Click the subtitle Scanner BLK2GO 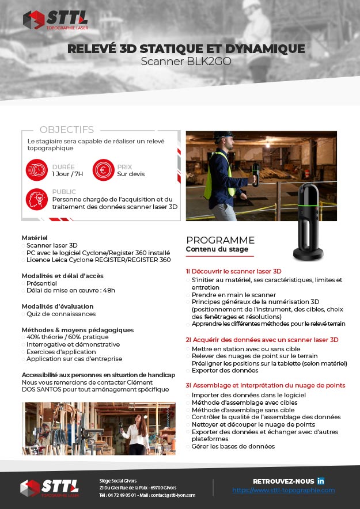pyautogui.click(x=185, y=62)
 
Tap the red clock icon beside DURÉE pyautogui.click(x=37, y=170)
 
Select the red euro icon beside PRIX pyautogui.click(x=103, y=170)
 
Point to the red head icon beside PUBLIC pyautogui.click(x=37, y=199)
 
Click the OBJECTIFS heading pyautogui.click(x=66, y=130)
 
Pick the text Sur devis pyautogui.click(x=131, y=174)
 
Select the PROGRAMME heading pyautogui.click(x=220, y=240)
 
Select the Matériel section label pyautogui.click(x=35, y=237)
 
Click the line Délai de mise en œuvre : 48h pyautogui.click(x=71, y=290)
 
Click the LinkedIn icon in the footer pyautogui.click(x=321, y=481)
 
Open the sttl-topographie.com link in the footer pyautogui.click(x=283, y=490)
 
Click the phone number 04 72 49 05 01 pyautogui.click(x=122, y=495)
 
